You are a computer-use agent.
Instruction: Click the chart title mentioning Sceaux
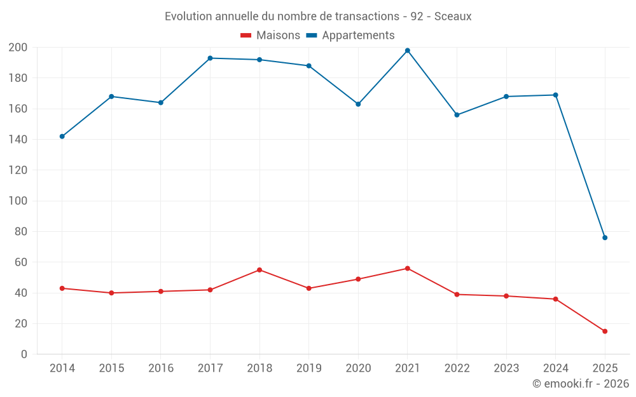318,17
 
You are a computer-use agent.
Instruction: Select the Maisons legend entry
270,36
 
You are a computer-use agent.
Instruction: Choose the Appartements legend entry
350,36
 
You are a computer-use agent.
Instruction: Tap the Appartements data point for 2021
408,51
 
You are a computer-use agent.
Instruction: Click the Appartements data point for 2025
605,238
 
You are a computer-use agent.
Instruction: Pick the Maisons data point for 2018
259,270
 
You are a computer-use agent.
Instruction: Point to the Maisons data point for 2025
605,331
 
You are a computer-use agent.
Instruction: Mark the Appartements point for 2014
62,137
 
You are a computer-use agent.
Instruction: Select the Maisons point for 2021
408,268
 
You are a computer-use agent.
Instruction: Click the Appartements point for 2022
457,115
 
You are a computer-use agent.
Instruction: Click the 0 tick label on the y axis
24,354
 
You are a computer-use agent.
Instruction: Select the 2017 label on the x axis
210,368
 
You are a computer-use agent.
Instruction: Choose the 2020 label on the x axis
358,368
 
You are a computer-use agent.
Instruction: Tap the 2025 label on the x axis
605,368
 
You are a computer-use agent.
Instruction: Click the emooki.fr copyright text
581,384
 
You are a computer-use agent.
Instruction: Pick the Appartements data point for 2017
210,58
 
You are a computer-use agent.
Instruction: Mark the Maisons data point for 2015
111,293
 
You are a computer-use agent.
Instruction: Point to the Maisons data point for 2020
358,279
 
